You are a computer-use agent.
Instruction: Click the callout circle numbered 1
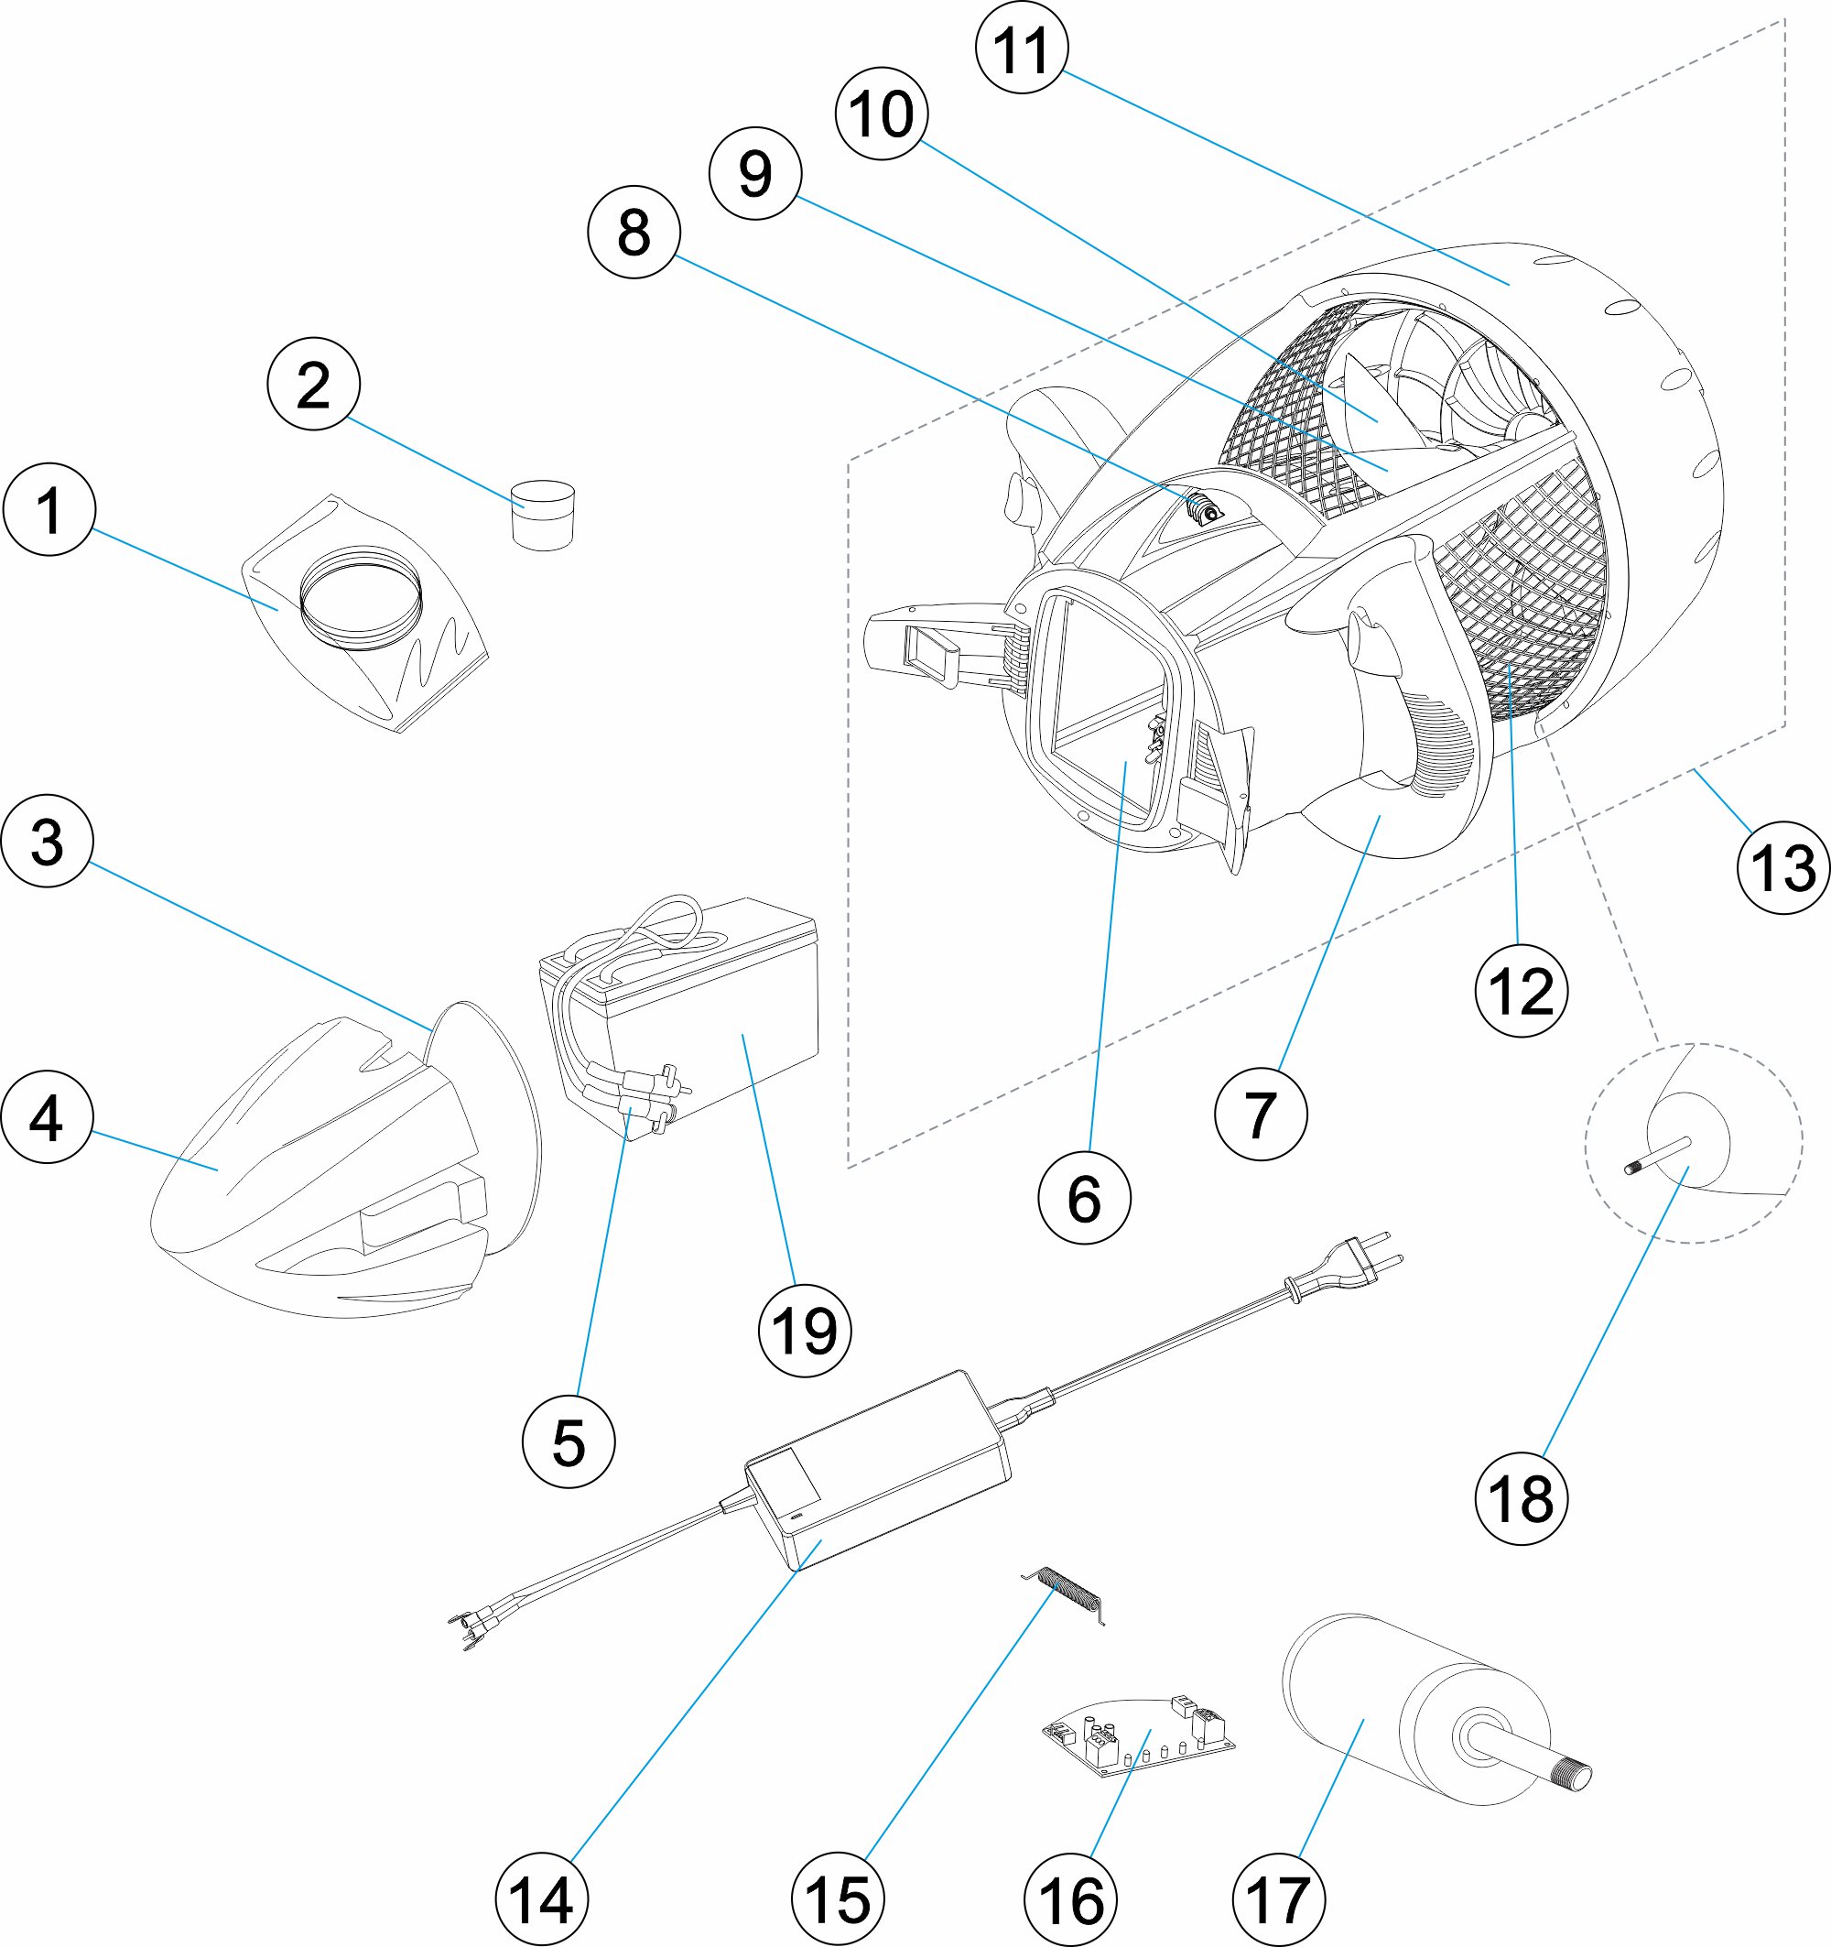(x=49, y=509)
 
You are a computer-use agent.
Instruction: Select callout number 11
(x=1023, y=48)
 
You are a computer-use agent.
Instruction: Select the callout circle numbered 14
(x=541, y=1900)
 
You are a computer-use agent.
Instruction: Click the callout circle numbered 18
(x=1520, y=1498)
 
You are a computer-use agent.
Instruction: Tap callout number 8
(x=634, y=232)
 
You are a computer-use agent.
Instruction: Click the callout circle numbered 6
(x=1084, y=1198)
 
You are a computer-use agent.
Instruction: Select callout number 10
(x=882, y=114)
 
